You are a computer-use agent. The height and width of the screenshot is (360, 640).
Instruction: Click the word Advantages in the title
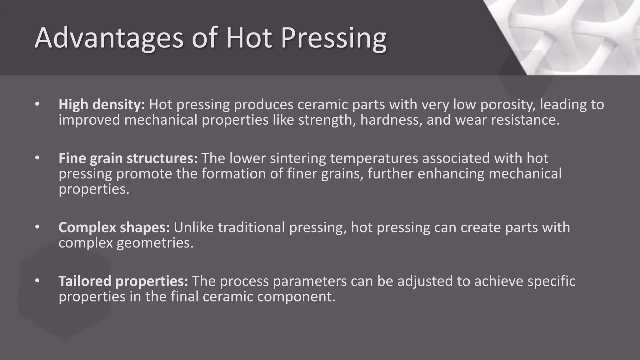[x=109, y=38]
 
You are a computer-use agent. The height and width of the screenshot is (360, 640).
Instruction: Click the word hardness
[x=391, y=120]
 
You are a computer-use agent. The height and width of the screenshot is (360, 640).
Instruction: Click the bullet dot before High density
[x=37, y=104]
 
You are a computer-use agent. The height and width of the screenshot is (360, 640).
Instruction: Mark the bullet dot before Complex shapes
[x=37, y=227]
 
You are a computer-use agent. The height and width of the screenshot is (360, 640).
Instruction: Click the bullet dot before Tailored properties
[x=37, y=281]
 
